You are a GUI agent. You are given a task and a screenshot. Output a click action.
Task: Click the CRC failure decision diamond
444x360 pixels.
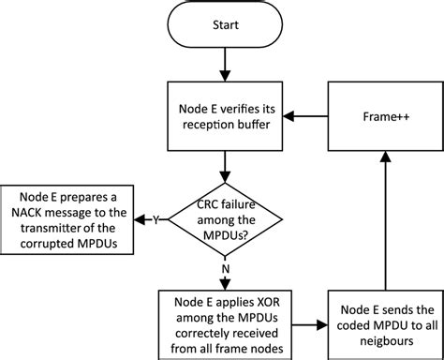(224, 219)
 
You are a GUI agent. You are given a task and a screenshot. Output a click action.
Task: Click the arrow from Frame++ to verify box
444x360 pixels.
(307, 117)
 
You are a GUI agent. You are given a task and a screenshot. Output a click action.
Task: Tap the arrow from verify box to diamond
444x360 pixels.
(224, 165)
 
